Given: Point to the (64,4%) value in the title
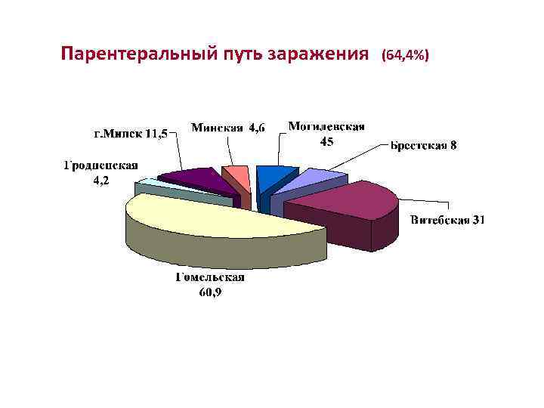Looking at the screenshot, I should [x=405, y=56].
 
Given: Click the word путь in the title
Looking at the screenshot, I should [x=236, y=55].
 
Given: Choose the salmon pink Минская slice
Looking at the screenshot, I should [x=237, y=178].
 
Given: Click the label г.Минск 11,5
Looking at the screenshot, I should [x=131, y=134].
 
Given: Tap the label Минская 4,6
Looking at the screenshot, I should [x=227, y=128].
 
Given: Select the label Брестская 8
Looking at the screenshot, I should [x=423, y=145].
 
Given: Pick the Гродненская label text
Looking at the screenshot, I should [x=100, y=165].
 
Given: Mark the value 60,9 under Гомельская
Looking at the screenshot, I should [x=210, y=292].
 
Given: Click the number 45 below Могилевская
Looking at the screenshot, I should [x=326, y=141].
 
